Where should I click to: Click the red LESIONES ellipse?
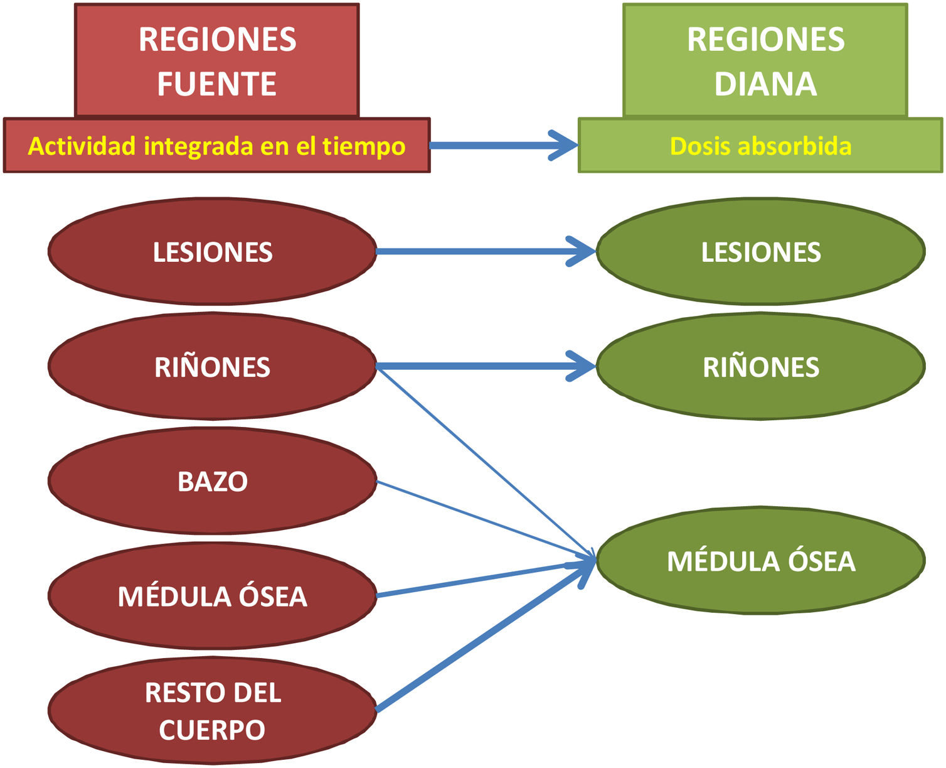(212, 252)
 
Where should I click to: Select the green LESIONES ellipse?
(760, 252)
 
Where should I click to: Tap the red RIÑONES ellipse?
(212, 367)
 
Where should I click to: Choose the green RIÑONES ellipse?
(760, 367)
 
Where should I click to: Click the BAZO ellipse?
(212, 482)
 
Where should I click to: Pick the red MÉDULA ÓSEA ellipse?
(212, 597)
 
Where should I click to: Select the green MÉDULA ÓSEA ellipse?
(760, 561)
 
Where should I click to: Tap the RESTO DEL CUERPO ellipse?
(212, 711)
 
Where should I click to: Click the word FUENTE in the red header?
(216, 84)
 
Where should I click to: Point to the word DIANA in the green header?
(765, 84)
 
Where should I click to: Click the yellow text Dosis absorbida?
(760, 146)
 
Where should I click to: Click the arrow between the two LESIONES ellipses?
(483, 252)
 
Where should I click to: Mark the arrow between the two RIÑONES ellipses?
(483, 365)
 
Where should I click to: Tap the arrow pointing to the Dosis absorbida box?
(502, 146)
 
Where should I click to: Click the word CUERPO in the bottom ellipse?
(212, 730)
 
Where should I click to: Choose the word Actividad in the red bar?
(82, 146)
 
